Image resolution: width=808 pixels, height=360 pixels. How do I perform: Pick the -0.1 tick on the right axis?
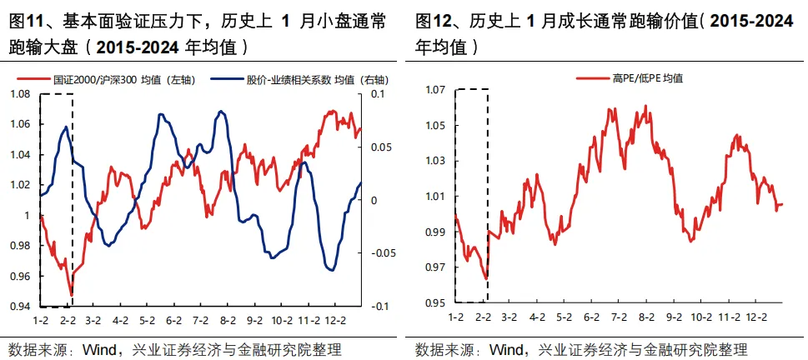coord(378,307)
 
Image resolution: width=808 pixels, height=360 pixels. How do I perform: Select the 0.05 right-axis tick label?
coord(378,147)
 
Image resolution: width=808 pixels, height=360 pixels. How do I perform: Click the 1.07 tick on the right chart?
coord(434,90)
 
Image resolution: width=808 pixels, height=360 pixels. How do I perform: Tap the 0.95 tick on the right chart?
coord(434,302)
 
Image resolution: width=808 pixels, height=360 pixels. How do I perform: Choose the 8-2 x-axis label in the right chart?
coord(646,317)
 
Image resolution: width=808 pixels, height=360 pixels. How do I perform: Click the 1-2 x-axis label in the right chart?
coord(455,317)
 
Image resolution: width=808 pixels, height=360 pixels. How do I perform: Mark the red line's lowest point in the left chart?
coord(72,294)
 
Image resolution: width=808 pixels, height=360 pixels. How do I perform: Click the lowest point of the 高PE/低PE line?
coord(485,278)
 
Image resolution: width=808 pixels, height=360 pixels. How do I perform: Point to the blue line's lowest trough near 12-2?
coord(330,270)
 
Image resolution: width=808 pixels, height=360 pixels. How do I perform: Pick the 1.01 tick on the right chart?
coord(434,197)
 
